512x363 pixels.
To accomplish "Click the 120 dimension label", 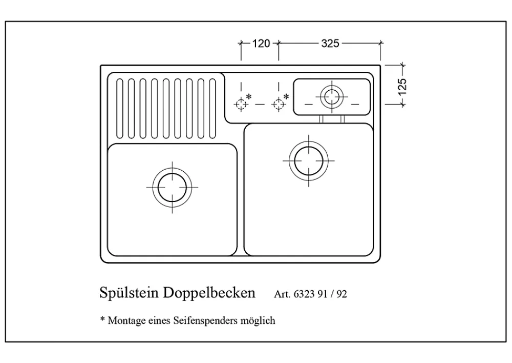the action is [261, 43].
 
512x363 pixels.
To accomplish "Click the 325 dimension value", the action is [330, 43].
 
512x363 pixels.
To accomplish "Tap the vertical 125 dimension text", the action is [402, 87].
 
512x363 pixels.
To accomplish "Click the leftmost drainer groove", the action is [120, 108].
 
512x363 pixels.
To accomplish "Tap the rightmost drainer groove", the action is [212, 108].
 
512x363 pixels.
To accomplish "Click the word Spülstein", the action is [130, 293].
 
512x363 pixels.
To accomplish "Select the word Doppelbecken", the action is [209, 293].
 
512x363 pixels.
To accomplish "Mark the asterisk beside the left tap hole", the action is [249, 96].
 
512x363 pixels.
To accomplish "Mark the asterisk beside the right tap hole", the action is [286, 96].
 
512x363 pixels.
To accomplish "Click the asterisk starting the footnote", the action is [102, 318].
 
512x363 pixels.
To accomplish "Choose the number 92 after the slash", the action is [342, 294].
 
